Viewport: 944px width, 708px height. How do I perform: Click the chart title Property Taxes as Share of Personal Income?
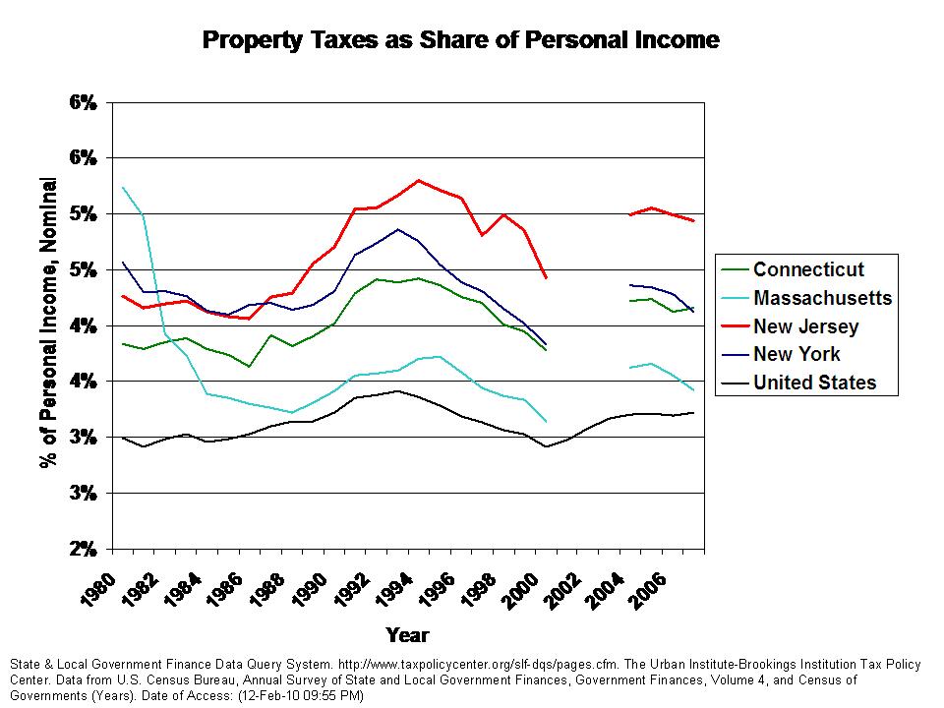pos(460,40)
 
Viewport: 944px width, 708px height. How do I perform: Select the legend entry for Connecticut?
pos(808,269)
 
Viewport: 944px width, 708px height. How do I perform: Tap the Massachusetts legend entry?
pos(822,298)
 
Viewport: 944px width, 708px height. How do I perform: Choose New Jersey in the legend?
pos(805,326)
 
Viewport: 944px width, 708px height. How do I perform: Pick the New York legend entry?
pos(796,355)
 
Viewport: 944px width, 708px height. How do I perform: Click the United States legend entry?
pos(814,383)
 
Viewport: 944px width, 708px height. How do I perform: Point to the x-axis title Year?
pos(406,634)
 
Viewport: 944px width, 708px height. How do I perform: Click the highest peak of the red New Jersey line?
pos(419,180)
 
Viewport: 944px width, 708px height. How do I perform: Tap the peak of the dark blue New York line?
pos(397,229)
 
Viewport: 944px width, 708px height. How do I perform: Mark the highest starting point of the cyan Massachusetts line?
pos(123,187)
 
